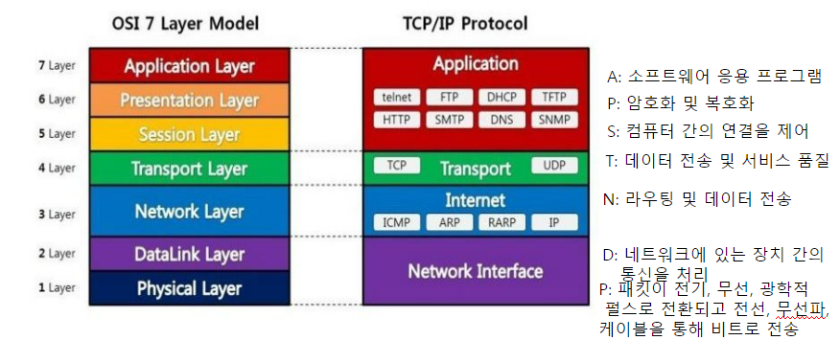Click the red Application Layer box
coord(190,67)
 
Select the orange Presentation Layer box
coord(190,101)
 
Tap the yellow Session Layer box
coord(190,134)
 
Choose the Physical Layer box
coord(190,288)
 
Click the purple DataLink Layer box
coord(190,255)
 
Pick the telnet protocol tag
coord(395,97)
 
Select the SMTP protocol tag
coord(448,120)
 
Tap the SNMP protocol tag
coord(553,120)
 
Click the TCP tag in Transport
coord(396,166)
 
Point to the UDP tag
coord(553,166)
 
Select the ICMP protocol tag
coord(396,222)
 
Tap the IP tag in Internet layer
coord(553,222)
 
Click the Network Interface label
coord(475,271)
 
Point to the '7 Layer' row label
coord(55,66)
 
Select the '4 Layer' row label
coord(55,168)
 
